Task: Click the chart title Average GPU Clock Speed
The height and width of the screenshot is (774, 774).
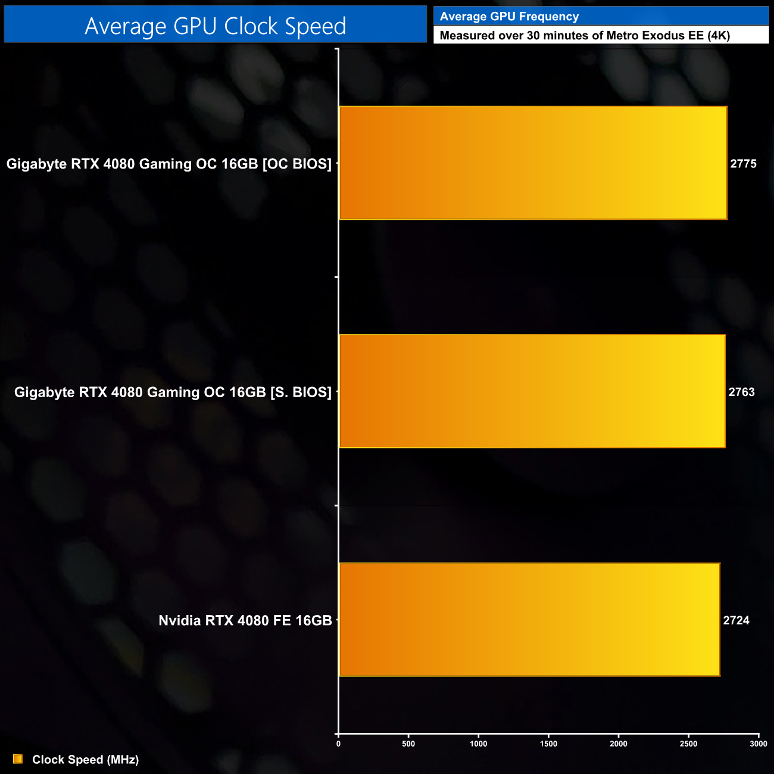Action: click(x=215, y=26)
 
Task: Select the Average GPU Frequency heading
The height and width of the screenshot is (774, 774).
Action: click(x=509, y=17)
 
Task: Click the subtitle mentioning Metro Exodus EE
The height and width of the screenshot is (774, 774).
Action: click(x=584, y=36)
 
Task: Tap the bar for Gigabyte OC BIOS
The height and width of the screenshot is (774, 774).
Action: click(x=533, y=163)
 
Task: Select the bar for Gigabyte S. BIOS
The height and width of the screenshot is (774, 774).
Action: click(x=532, y=391)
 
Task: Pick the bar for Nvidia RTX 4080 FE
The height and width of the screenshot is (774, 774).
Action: click(x=529, y=619)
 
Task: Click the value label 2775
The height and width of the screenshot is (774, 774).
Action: click(x=743, y=164)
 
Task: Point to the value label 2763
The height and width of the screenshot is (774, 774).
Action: click(x=741, y=392)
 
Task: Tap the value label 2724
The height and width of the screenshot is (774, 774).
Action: click(x=736, y=620)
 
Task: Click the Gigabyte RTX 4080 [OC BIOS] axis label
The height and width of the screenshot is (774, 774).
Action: click(x=169, y=164)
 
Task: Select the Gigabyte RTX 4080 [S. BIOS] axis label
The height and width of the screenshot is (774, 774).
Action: click(x=173, y=392)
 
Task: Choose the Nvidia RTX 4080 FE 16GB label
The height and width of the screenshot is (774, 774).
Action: click(x=245, y=620)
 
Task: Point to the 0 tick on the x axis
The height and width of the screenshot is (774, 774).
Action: click(x=339, y=744)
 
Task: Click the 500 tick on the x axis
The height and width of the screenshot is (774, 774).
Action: click(x=408, y=744)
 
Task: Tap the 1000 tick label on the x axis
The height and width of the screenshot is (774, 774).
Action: click(x=478, y=744)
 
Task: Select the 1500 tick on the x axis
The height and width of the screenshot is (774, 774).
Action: click(x=548, y=744)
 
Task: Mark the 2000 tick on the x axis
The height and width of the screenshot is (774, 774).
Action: click(x=619, y=744)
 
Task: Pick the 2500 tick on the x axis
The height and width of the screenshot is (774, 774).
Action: click(x=688, y=744)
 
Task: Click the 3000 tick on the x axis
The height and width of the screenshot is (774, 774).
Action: click(x=758, y=744)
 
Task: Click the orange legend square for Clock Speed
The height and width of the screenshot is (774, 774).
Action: click(x=18, y=759)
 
